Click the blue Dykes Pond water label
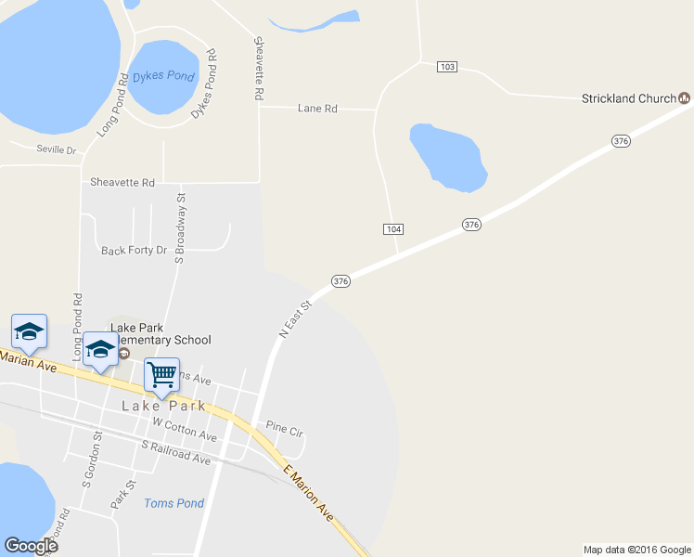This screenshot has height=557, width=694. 163,76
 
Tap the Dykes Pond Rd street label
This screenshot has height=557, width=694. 204,84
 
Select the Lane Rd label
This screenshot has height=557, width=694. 316,109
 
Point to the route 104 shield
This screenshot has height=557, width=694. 393,228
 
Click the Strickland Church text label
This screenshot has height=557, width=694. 628,98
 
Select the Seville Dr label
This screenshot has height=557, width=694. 56,149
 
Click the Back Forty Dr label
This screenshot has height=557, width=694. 134,251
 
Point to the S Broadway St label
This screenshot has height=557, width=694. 181,227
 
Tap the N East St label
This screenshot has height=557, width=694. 294,318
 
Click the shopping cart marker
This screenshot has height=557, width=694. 161,375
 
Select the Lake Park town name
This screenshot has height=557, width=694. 162,407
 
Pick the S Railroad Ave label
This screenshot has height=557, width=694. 176,453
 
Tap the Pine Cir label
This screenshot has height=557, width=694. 285,429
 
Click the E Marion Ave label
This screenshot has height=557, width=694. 308,492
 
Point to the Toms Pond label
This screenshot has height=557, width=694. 173,503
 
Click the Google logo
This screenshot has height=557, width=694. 31,546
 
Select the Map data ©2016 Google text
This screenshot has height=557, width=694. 636,550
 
